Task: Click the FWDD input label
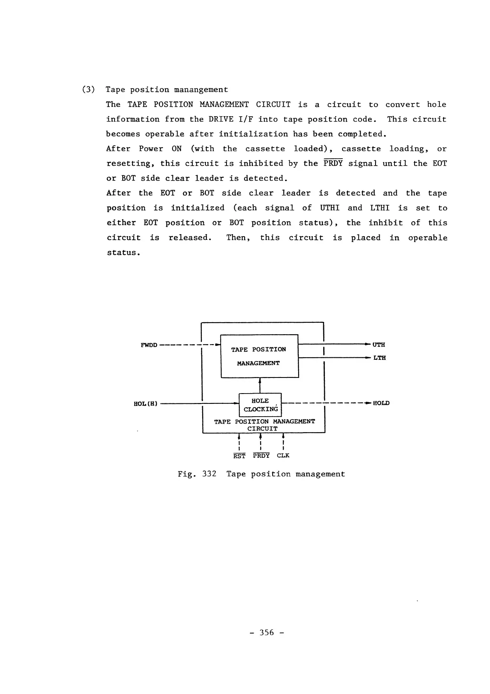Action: coord(149,345)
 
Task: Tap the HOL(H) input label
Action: coord(145,403)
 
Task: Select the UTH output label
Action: coord(379,345)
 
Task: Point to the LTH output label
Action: coord(380,358)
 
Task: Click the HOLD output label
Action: coord(381,403)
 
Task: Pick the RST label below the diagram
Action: coord(239,456)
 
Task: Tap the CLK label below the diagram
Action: coord(283,455)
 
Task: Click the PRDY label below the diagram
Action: coord(261,455)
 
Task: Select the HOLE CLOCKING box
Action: coord(260,405)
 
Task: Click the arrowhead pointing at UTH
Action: coord(368,344)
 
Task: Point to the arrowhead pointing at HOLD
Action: coord(368,403)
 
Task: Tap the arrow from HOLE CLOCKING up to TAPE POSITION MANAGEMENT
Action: coord(260,385)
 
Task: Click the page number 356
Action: coord(267,633)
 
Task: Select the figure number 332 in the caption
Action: coord(209,474)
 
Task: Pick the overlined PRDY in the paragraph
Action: coord(333,163)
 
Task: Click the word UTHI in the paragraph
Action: coord(329,208)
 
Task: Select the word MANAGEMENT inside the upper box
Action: coord(258,363)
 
